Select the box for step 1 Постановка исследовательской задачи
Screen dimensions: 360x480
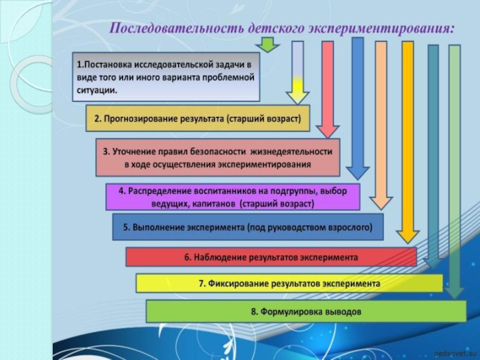tap(166, 77)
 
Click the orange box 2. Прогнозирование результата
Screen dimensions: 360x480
tap(197, 119)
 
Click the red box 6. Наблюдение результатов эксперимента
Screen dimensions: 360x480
tap(271, 257)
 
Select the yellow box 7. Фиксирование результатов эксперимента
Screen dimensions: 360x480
tap(289, 283)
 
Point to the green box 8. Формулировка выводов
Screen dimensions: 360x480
tap(306, 312)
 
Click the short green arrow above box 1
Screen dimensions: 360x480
tap(267, 44)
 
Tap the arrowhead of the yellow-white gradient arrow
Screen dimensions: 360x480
tap(297, 97)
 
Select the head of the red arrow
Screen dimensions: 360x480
tap(328, 131)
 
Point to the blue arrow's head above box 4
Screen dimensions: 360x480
tap(358, 172)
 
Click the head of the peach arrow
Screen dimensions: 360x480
tap(381, 202)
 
